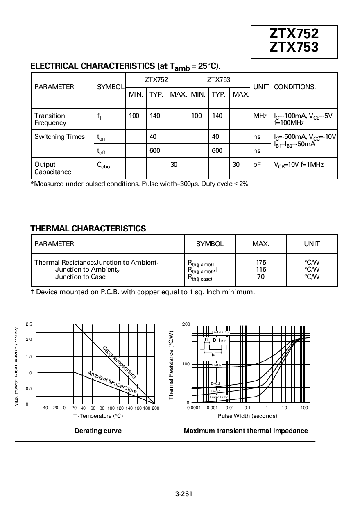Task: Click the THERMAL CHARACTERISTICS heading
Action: (x=88, y=229)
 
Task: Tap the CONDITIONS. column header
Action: (x=294, y=87)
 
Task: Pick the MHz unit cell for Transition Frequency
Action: (x=260, y=116)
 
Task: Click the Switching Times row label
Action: (x=59, y=137)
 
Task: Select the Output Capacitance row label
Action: (x=52, y=168)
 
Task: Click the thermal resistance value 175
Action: (x=260, y=262)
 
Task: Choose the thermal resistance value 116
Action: (x=260, y=270)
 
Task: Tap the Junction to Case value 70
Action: (x=260, y=277)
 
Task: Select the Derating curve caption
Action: (x=98, y=431)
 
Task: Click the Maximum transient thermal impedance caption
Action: (x=246, y=431)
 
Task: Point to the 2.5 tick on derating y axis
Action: (x=29, y=324)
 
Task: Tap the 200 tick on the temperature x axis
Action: (x=156, y=408)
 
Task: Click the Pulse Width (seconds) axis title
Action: (x=247, y=416)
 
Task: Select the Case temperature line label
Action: (x=119, y=362)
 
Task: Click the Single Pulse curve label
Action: (x=219, y=397)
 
